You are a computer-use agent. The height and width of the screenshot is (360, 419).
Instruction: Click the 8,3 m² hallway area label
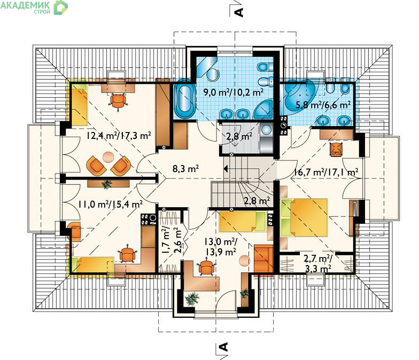point(185,169)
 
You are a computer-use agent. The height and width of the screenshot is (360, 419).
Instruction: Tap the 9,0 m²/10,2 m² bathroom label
point(234,92)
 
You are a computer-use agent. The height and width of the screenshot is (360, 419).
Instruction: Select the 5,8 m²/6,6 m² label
point(323,105)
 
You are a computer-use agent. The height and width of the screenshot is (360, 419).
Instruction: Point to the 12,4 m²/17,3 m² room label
point(119,136)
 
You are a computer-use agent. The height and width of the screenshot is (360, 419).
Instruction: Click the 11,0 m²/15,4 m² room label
point(110,204)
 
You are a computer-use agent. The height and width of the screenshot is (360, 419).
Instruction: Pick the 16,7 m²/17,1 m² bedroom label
point(326,172)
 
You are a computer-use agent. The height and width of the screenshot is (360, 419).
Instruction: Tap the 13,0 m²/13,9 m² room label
point(220,247)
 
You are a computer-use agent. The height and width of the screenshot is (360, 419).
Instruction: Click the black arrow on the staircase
point(226,169)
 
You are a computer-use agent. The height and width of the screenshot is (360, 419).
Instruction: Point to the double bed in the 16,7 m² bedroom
point(304,217)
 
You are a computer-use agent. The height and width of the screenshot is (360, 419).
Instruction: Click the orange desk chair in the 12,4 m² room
point(118,100)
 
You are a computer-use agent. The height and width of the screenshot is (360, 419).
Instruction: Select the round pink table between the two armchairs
point(108,157)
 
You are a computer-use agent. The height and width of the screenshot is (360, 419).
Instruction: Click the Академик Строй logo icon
point(61,7)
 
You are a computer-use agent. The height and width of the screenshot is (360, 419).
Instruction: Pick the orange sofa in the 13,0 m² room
point(263,260)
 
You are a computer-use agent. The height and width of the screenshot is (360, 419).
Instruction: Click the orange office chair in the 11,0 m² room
point(128,254)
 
